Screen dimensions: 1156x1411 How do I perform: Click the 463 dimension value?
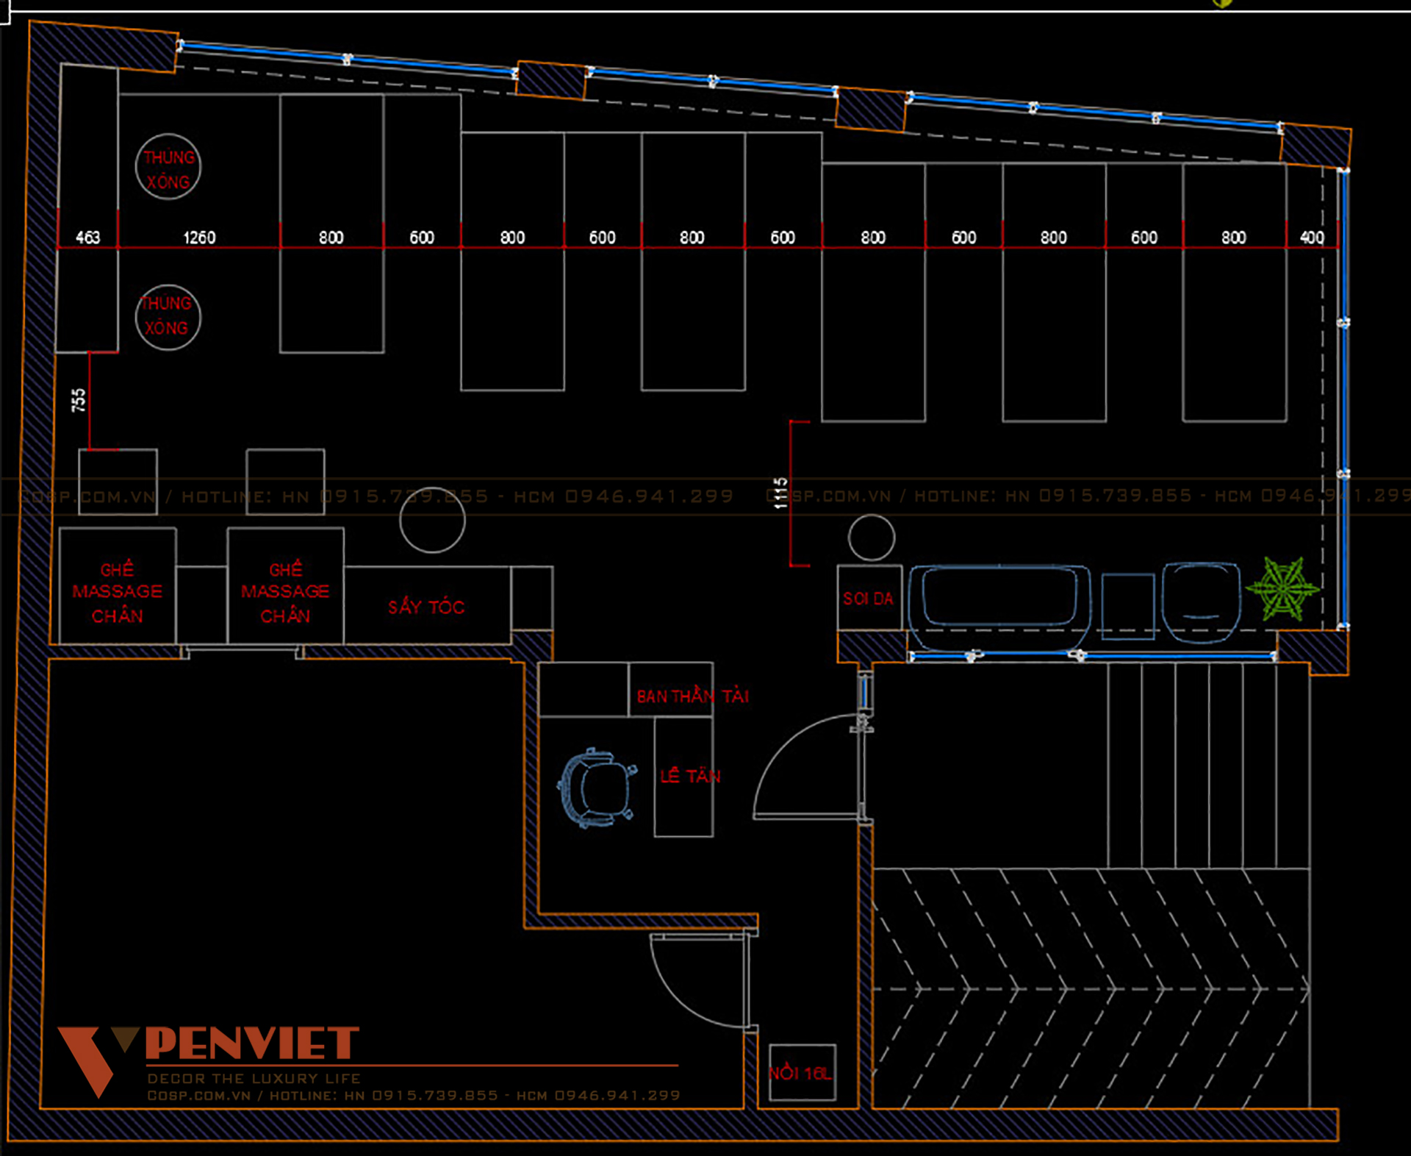(87, 238)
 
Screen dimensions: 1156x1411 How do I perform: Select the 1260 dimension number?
(199, 238)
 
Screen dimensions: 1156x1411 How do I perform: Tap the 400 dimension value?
(1312, 238)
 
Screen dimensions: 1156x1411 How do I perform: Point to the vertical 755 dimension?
(79, 401)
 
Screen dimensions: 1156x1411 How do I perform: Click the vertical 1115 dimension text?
(780, 493)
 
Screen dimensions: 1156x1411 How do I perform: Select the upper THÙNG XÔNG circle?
(168, 168)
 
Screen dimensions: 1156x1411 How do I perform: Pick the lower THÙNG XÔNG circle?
(168, 317)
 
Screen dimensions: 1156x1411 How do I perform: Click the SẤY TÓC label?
(426, 607)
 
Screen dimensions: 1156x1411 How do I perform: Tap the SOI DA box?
(869, 598)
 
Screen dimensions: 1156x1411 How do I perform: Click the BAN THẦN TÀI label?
(692, 696)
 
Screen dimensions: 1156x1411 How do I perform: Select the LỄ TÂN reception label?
(689, 776)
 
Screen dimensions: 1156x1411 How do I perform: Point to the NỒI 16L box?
(802, 1073)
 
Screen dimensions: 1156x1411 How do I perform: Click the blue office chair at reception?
(597, 788)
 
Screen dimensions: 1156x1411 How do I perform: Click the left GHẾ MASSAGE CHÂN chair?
(118, 592)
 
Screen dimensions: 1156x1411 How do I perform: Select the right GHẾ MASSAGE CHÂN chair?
(285, 592)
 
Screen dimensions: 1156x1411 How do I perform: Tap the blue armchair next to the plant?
(1201, 601)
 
